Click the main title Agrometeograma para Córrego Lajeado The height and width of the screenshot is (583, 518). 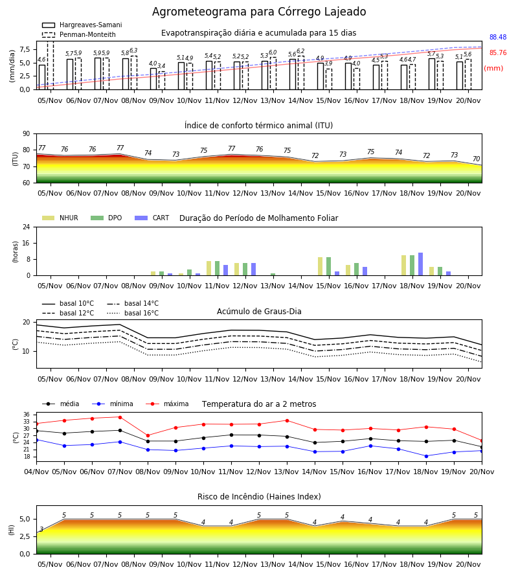(x=259, y=12)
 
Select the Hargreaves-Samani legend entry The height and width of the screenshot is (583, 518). (x=82, y=25)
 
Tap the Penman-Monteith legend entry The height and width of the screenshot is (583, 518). (x=79, y=34)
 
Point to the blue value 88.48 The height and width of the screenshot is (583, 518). (x=498, y=37)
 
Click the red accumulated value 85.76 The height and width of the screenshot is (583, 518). (x=498, y=53)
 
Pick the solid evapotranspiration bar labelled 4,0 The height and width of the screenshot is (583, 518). (x=153, y=79)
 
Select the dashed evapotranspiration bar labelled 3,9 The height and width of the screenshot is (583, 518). (x=329, y=79)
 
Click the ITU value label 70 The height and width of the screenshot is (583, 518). (x=476, y=159)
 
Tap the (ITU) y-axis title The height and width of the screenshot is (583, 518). (x=16, y=159)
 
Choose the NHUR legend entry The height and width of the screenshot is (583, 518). (x=60, y=218)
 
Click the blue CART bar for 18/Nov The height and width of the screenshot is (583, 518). (x=421, y=264)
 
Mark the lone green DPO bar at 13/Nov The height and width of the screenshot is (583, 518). (x=273, y=275)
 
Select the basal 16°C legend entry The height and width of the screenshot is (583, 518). (x=133, y=313)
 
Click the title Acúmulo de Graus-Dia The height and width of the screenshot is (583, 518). (x=259, y=311)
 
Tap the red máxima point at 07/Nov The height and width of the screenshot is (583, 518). (x=120, y=417)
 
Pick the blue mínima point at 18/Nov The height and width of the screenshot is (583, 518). (x=426, y=456)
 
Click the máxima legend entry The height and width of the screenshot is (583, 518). (x=167, y=404)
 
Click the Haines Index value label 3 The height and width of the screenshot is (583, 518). (x=41, y=529)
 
